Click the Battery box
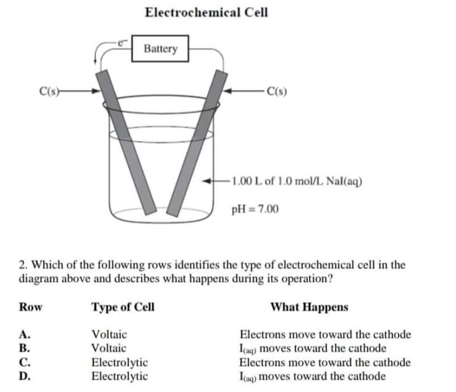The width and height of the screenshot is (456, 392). click(160, 49)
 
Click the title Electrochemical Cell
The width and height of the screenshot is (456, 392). click(206, 12)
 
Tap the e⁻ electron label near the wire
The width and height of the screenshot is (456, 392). click(120, 41)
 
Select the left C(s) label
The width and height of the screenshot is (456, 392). click(48, 89)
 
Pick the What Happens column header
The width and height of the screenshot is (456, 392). click(309, 307)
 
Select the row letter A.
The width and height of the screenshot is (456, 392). click(24, 335)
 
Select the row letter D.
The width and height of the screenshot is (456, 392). click(24, 376)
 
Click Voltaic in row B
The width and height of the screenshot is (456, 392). click(109, 348)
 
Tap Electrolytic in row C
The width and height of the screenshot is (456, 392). click(120, 362)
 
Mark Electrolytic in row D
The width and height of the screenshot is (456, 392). click(120, 376)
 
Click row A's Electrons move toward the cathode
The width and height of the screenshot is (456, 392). click(325, 335)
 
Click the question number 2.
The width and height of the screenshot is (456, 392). click(22, 265)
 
